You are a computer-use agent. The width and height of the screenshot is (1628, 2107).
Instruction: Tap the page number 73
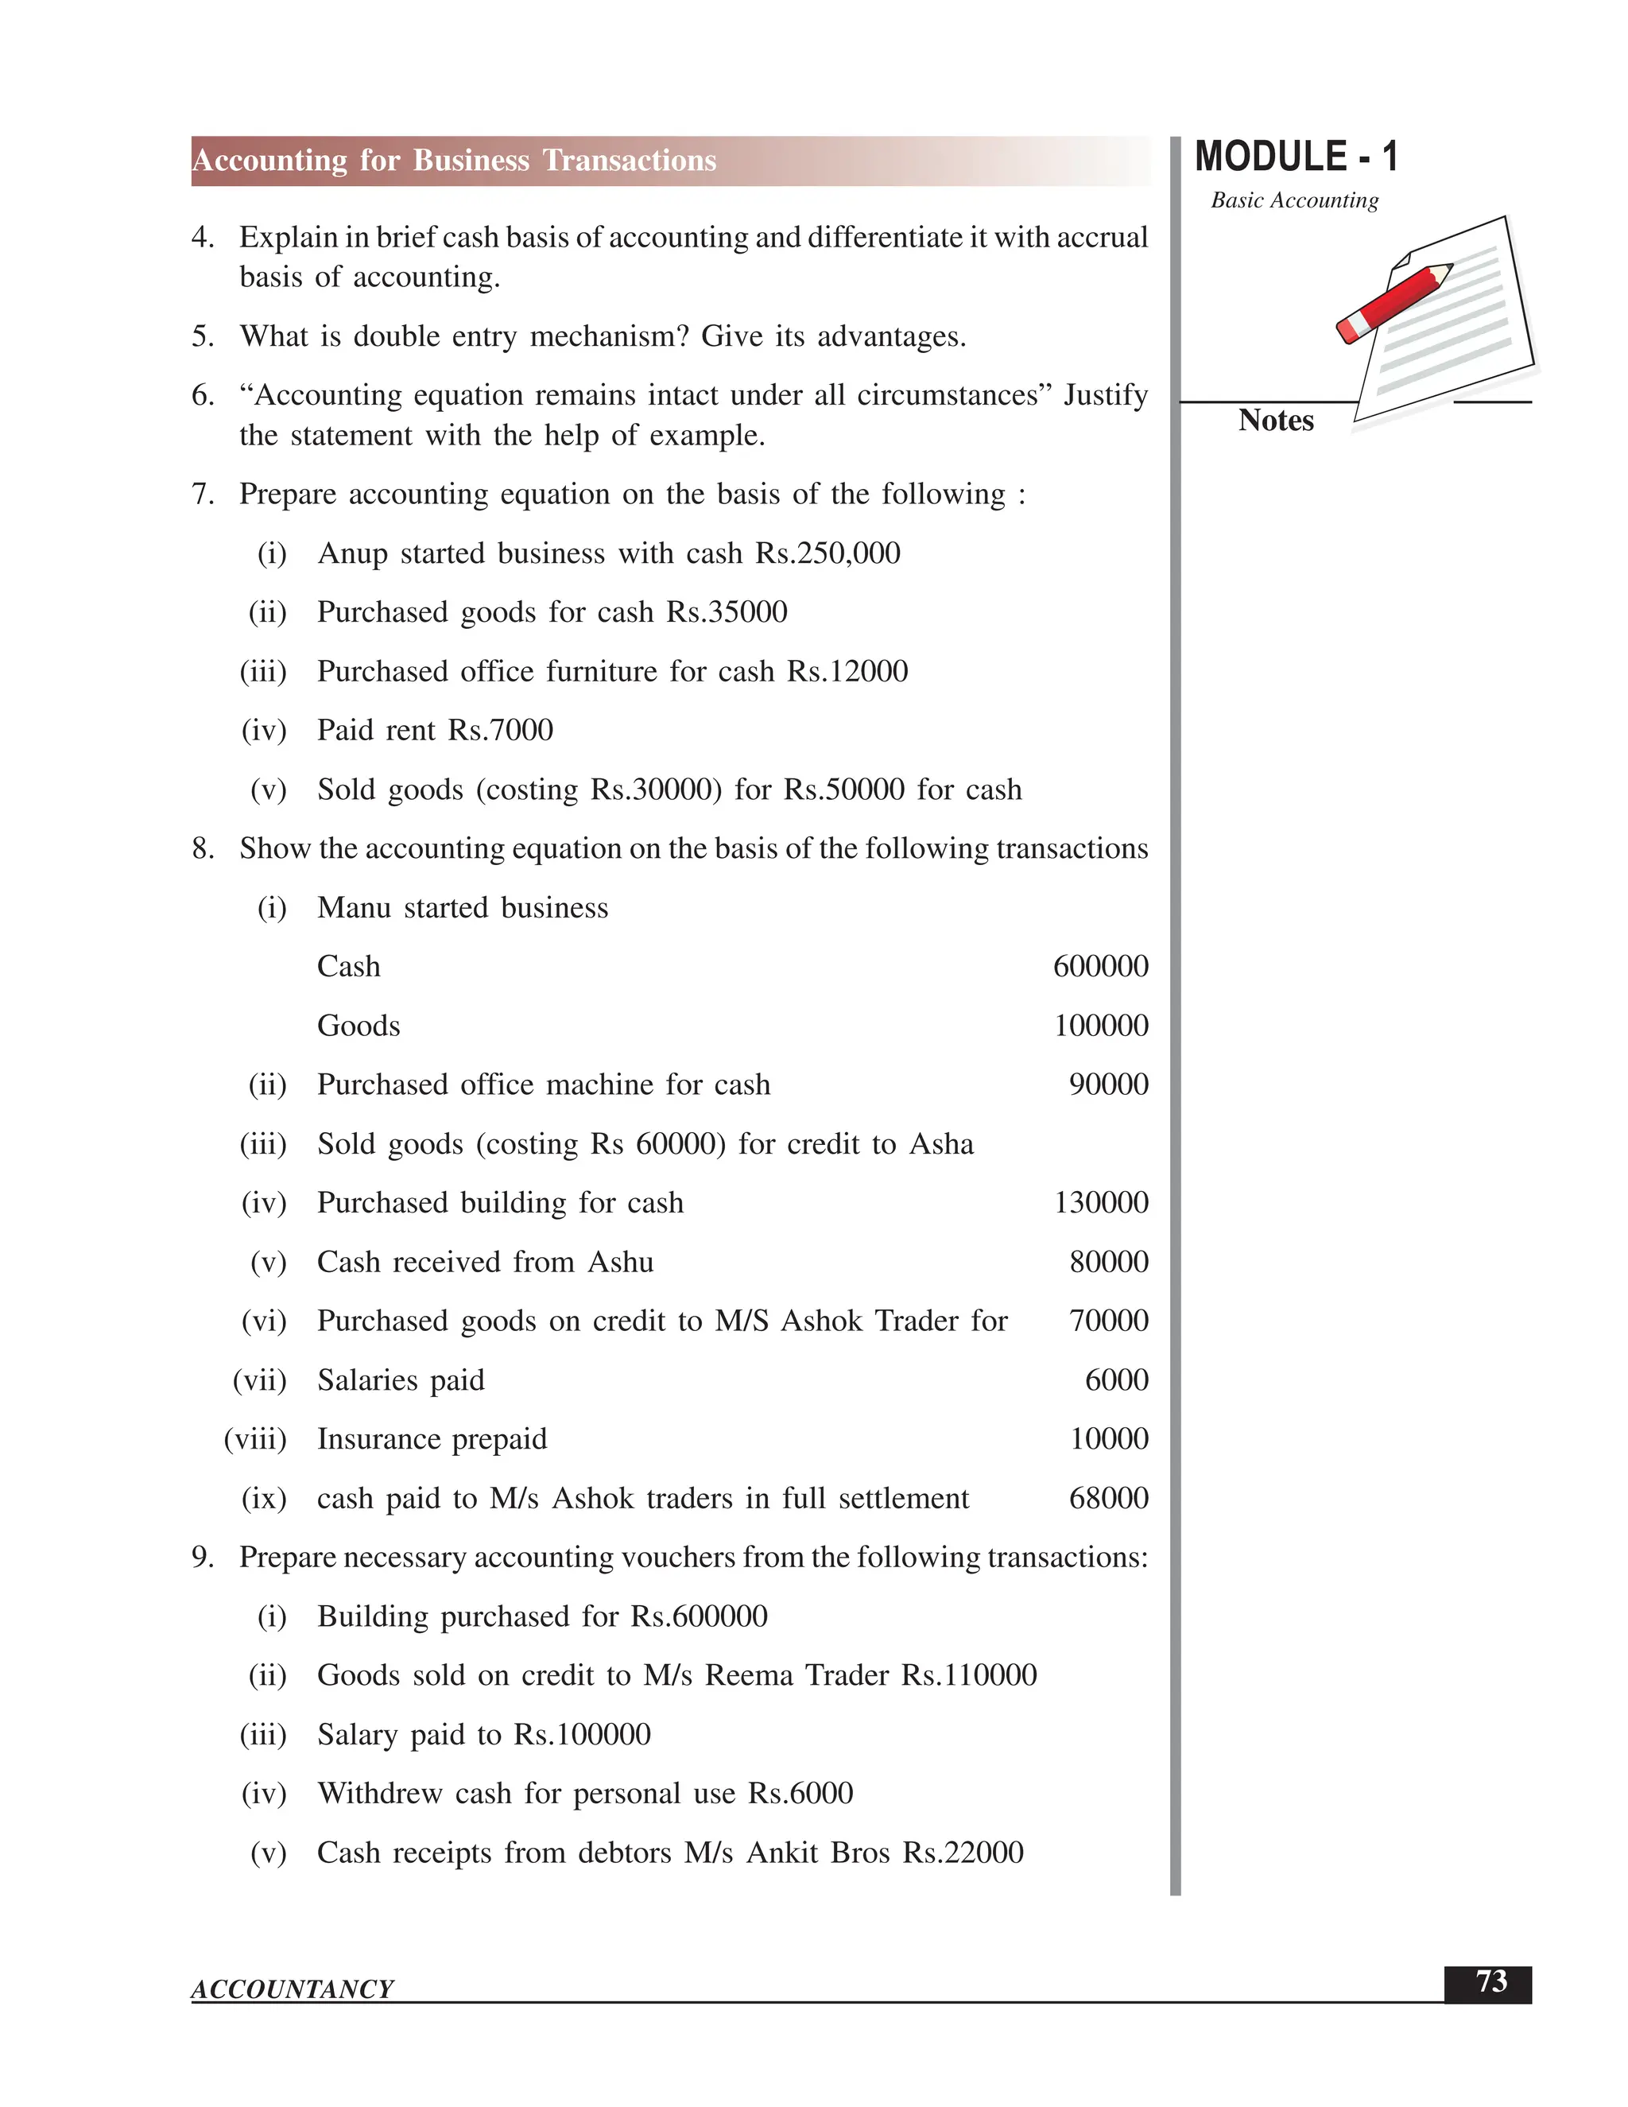coord(1490,1981)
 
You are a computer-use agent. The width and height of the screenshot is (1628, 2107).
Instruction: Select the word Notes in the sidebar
coord(1275,421)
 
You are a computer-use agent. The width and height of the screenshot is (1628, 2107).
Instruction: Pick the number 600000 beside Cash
coord(1100,967)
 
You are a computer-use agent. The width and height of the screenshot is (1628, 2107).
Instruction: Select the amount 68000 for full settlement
coord(1108,1498)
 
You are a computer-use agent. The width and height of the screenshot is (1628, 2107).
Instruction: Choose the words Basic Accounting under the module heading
coord(1294,200)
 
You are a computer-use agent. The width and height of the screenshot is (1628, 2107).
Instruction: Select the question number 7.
coord(203,495)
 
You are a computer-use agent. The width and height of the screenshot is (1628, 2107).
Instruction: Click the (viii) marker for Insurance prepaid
coord(256,1439)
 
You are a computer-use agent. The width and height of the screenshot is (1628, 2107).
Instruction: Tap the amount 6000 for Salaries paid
coord(1116,1380)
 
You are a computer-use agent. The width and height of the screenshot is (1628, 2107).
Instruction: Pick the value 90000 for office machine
coord(1108,1085)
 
